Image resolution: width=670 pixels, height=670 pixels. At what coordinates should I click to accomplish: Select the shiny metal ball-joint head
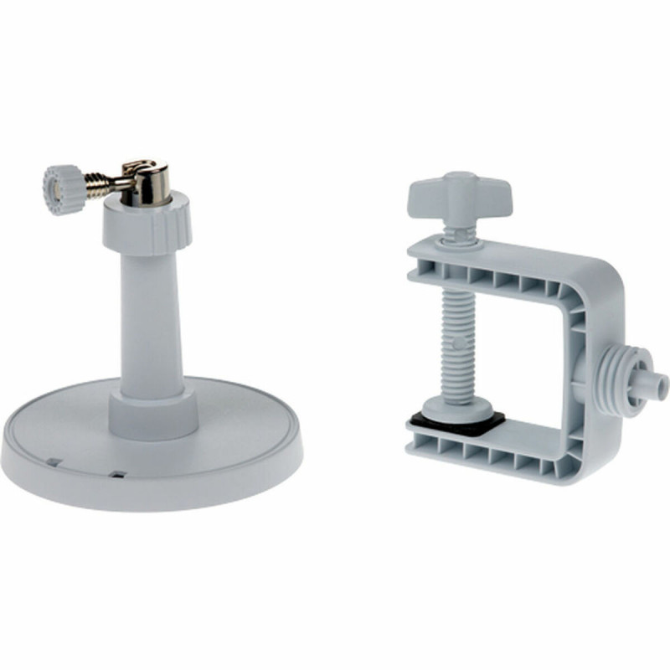pos(147,178)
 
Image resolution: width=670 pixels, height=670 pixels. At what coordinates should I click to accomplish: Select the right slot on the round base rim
pos(118,476)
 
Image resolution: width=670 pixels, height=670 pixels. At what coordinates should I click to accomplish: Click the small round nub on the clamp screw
pos(457,343)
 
